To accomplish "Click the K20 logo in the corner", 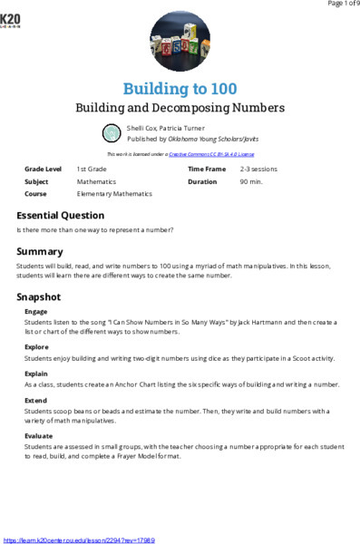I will [11, 20].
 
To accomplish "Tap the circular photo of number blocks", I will [180, 42].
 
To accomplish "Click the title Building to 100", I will [180, 89].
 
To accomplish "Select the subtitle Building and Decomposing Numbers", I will [180, 108].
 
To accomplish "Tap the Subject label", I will [37, 181].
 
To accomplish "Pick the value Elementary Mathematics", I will [114, 194].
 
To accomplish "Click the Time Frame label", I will [206, 170].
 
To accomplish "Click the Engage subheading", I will [36, 311].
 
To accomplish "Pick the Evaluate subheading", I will [39, 436].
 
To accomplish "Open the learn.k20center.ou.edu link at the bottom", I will [79, 539].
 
